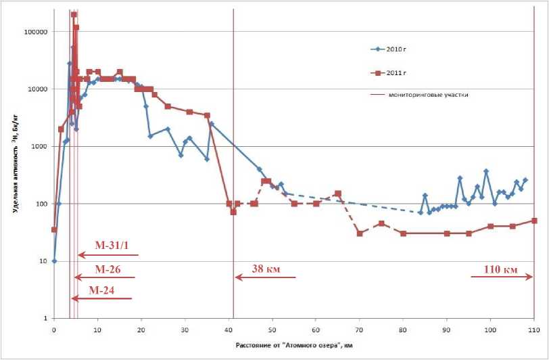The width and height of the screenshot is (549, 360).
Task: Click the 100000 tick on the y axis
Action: (x=32, y=32)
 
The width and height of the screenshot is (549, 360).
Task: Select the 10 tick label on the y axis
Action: (x=42, y=261)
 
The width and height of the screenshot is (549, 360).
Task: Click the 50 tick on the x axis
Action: (x=272, y=330)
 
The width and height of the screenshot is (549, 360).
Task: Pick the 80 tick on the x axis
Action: (x=403, y=330)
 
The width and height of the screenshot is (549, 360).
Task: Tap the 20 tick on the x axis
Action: (x=141, y=330)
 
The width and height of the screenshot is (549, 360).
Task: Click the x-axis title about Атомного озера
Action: (x=294, y=345)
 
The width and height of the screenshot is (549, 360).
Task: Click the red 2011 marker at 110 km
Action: (x=534, y=221)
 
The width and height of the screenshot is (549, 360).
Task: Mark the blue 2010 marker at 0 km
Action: (x=54, y=261)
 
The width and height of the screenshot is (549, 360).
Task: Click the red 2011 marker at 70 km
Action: (x=360, y=233)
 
